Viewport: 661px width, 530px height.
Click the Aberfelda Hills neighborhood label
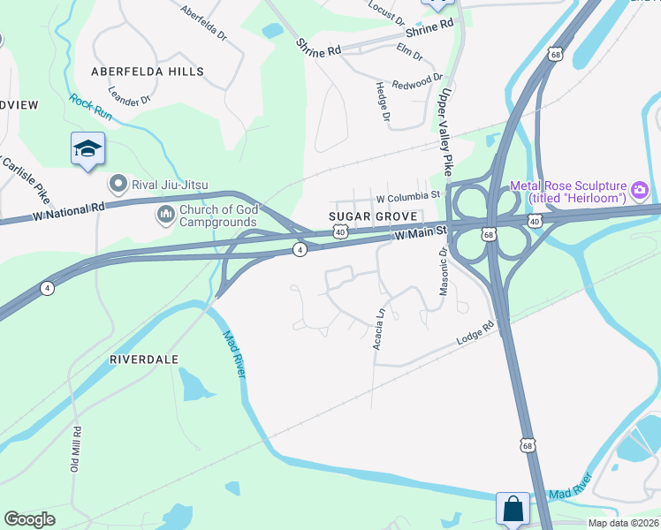[x=146, y=71]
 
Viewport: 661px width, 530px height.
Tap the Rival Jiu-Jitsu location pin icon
[x=117, y=184]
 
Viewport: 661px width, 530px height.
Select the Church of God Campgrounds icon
[x=165, y=215]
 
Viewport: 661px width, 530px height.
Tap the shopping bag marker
[x=513, y=509]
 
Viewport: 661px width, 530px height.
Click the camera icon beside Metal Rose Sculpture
[x=639, y=189]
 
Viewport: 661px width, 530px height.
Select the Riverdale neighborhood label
[x=144, y=360]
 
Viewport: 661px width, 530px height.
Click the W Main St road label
[x=422, y=234]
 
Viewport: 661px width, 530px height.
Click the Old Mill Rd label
[x=76, y=451]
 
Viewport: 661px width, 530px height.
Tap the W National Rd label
[x=68, y=211]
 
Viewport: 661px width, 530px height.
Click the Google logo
[x=29, y=519]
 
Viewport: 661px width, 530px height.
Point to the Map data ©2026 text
[x=623, y=523]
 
